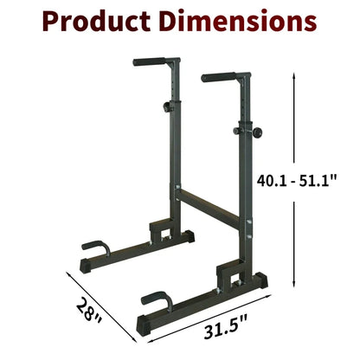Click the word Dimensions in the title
click(238, 21)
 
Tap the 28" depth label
click(88, 312)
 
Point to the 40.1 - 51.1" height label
click(297, 181)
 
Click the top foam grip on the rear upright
click(149, 61)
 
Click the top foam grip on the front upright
click(218, 77)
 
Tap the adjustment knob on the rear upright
click(167, 106)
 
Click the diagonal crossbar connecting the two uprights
click(209, 207)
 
